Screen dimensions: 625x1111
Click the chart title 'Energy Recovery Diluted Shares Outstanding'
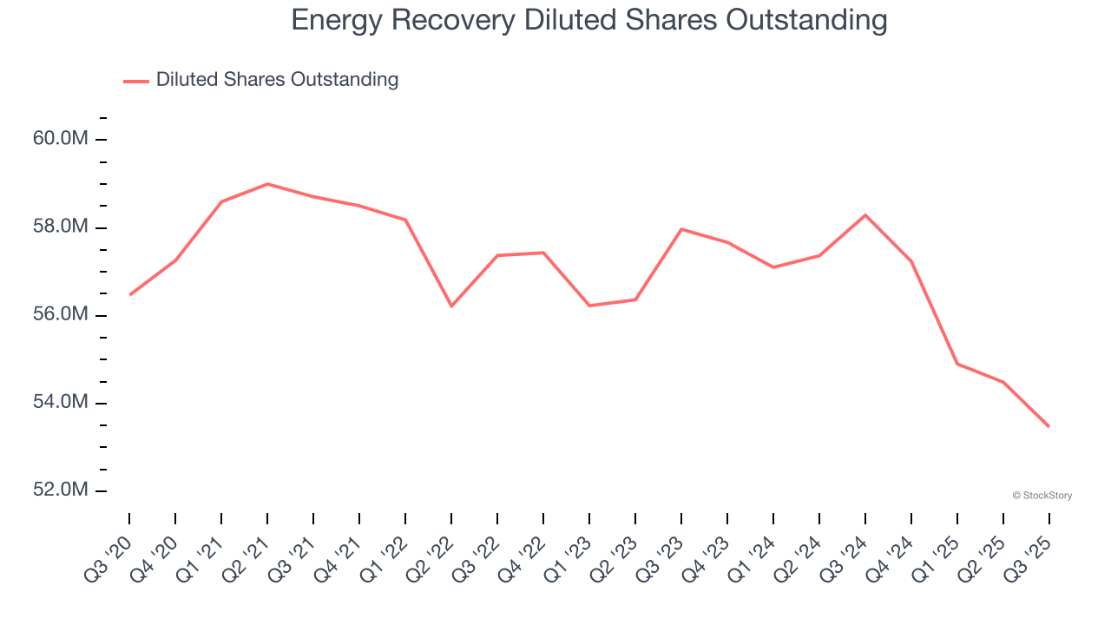589,20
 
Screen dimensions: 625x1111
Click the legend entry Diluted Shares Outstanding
277,80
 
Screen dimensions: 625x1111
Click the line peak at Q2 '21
267,184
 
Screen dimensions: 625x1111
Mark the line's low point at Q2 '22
451,306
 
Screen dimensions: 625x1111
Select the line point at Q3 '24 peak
865,214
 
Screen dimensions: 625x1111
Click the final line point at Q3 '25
1049,426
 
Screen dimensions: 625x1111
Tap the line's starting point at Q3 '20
130,294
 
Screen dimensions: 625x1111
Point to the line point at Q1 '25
957,364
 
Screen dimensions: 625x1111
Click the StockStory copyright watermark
1042,496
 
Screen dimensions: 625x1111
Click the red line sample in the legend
136,81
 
